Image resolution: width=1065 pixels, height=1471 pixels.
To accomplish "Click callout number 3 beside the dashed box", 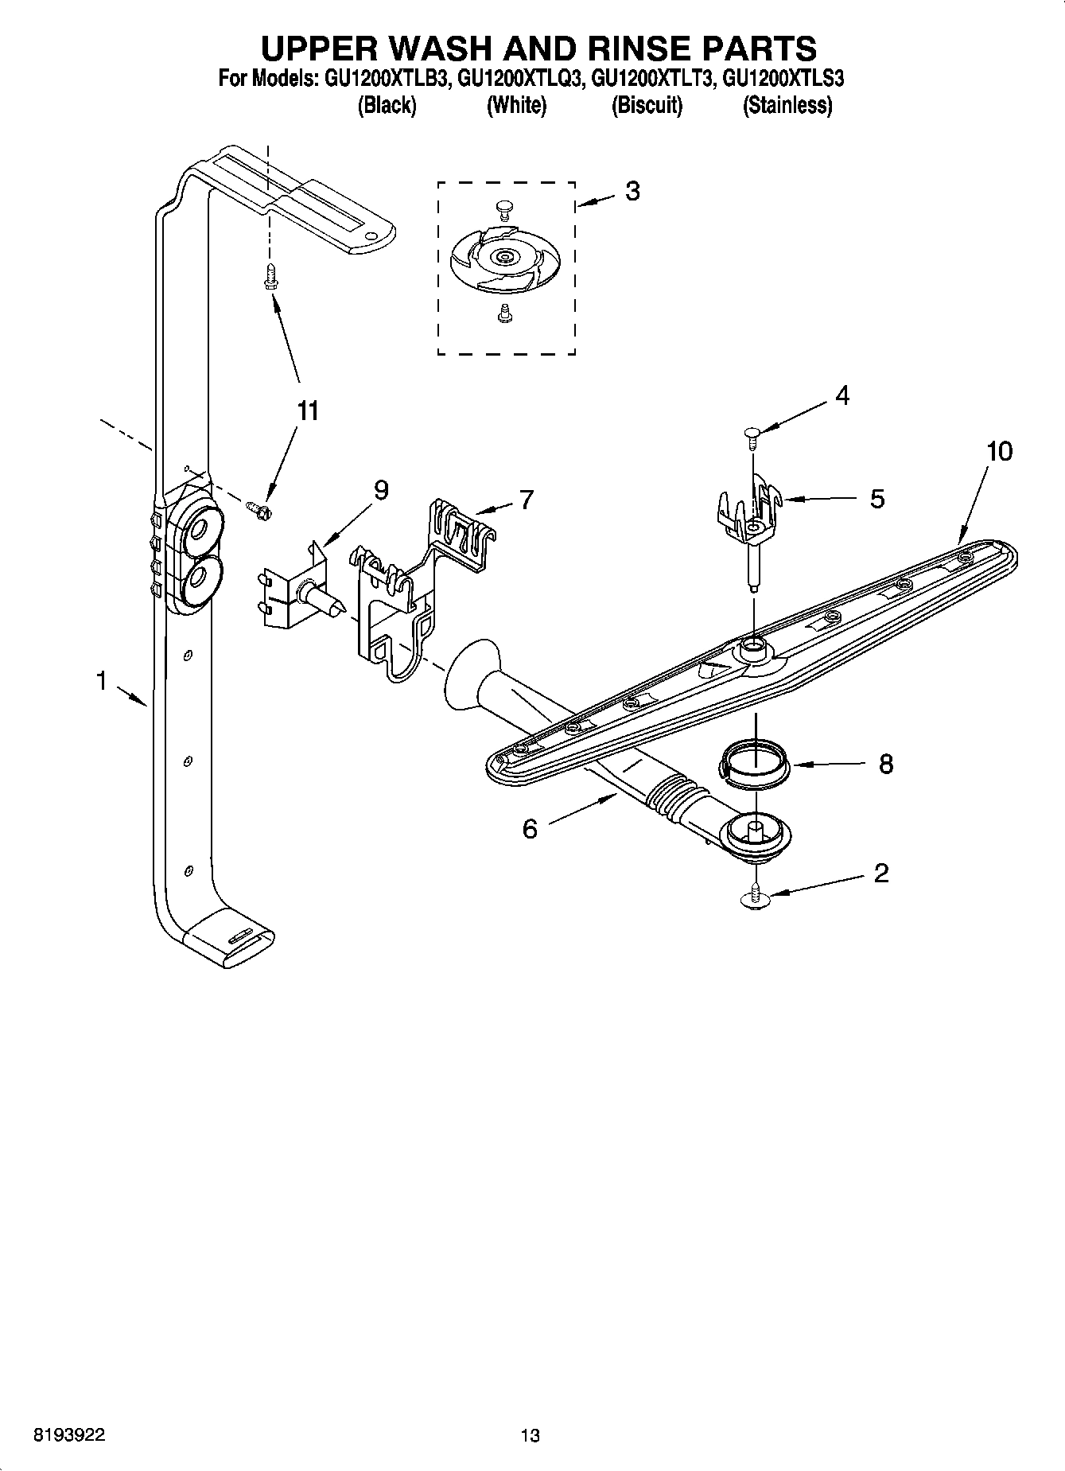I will click(632, 192).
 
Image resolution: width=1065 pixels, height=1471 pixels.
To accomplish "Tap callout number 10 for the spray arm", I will click(999, 452).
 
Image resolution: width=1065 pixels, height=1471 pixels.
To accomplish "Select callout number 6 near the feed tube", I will click(530, 829).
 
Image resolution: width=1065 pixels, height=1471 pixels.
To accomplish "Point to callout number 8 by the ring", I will click(886, 765).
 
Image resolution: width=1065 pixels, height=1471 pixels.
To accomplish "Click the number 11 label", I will click(307, 411).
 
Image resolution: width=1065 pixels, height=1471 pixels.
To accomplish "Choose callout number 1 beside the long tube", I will click(101, 681).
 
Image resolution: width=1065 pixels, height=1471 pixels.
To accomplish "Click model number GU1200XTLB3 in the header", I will click(387, 80).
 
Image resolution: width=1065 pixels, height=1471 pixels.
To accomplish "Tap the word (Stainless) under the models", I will click(787, 105).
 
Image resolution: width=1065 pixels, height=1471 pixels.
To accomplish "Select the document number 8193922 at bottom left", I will click(68, 1435).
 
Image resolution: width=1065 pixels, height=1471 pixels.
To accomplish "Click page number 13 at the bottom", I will click(530, 1435).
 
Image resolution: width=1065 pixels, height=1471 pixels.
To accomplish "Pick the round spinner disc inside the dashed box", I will click(503, 258).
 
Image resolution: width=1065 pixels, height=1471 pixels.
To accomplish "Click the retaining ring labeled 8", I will click(755, 765).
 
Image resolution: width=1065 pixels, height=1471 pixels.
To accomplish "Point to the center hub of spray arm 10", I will click(753, 651).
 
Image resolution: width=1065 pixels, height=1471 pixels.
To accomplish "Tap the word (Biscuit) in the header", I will click(646, 105).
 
